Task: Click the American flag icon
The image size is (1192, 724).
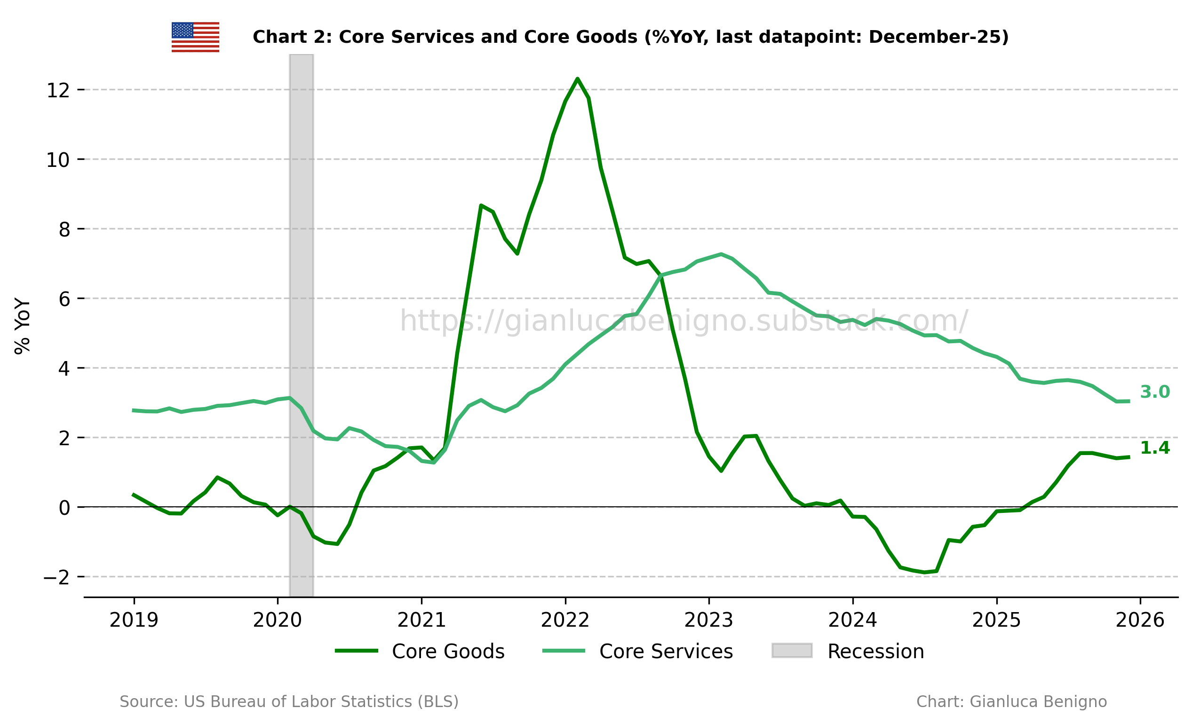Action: click(x=195, y=37)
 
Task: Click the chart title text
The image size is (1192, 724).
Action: click(x=630, y=37)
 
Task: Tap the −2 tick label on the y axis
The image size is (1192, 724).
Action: click(x=56, y=577)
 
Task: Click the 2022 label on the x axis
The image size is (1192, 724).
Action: click(x=565, y=621)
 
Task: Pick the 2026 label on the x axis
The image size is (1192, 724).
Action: click(x=1140, y=621)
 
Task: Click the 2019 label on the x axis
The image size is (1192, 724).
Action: click(x=134, y=621)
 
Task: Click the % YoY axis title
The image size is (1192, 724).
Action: click(x=22, y=326)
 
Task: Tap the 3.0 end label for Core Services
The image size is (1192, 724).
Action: click(x=1155, y=392)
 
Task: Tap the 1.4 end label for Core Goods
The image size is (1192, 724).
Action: click(x=1155, y=449)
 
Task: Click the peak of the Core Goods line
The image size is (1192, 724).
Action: click(x=577, y=79)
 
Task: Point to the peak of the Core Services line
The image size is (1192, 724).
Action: click(x=721, y=254)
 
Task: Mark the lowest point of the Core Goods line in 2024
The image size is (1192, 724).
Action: click(x=924, y=573)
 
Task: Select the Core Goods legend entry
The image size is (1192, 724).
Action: click(x=420, y=652)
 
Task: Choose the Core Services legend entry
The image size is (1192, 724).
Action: click(x=637, y=652)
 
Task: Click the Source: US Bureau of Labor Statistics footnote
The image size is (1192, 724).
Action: click(x=289, y=702)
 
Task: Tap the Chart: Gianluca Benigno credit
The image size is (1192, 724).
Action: click(x=1011, y=702)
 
